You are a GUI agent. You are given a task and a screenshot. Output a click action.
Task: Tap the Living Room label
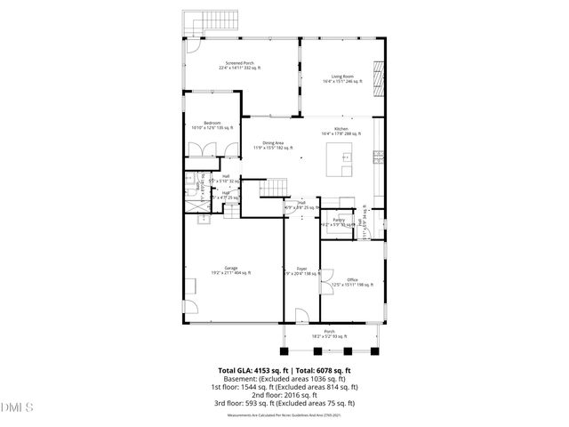(x=337, y=79)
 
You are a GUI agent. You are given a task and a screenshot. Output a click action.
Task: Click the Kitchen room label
(x=340, y=131)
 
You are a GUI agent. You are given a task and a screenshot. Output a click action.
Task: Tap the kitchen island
(x=342, y=162)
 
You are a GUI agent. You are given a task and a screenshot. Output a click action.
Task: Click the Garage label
(x=230, y=270)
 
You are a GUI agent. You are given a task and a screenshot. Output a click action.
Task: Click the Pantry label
(x=338, y=221)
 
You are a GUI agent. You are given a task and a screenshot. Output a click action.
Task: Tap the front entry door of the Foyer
(x=301, y=317)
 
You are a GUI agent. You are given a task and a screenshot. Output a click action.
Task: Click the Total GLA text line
(x=284, y=370)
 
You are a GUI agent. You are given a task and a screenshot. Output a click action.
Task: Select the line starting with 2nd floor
(x=284, y=395)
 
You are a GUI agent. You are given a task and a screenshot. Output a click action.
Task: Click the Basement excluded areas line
(x=284, y=379)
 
